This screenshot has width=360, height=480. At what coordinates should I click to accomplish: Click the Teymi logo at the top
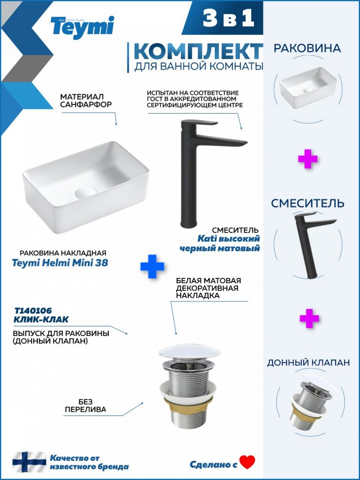click(82, 27)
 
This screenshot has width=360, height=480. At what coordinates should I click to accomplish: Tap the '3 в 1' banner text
click(228, 18)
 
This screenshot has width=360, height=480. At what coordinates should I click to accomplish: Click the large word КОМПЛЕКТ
click(198, 51)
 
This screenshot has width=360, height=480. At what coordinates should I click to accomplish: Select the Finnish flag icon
click(29, 462)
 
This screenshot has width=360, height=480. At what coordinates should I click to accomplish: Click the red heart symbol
click(247, 462)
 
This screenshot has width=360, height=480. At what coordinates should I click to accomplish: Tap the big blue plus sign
click(152, 266)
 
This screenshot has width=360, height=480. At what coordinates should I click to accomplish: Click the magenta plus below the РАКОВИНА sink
click(308, 158)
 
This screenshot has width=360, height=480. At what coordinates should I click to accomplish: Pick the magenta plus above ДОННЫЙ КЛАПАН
click(309, 318)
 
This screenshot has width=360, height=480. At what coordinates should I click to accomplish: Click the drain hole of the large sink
click(85, 193)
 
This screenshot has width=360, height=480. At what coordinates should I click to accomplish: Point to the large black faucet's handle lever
click(199, 123)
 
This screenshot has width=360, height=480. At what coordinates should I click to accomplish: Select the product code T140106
click(33, 311)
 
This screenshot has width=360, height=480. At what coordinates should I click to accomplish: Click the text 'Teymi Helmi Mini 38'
click(60, 262)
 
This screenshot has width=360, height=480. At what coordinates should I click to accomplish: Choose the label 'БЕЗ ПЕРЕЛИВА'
click(85, 406)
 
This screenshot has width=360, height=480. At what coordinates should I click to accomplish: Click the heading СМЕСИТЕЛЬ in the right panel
click(308, 204)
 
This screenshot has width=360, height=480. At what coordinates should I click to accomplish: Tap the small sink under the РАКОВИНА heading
click(308, 87)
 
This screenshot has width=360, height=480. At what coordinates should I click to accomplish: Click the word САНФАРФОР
click(86, 105)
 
